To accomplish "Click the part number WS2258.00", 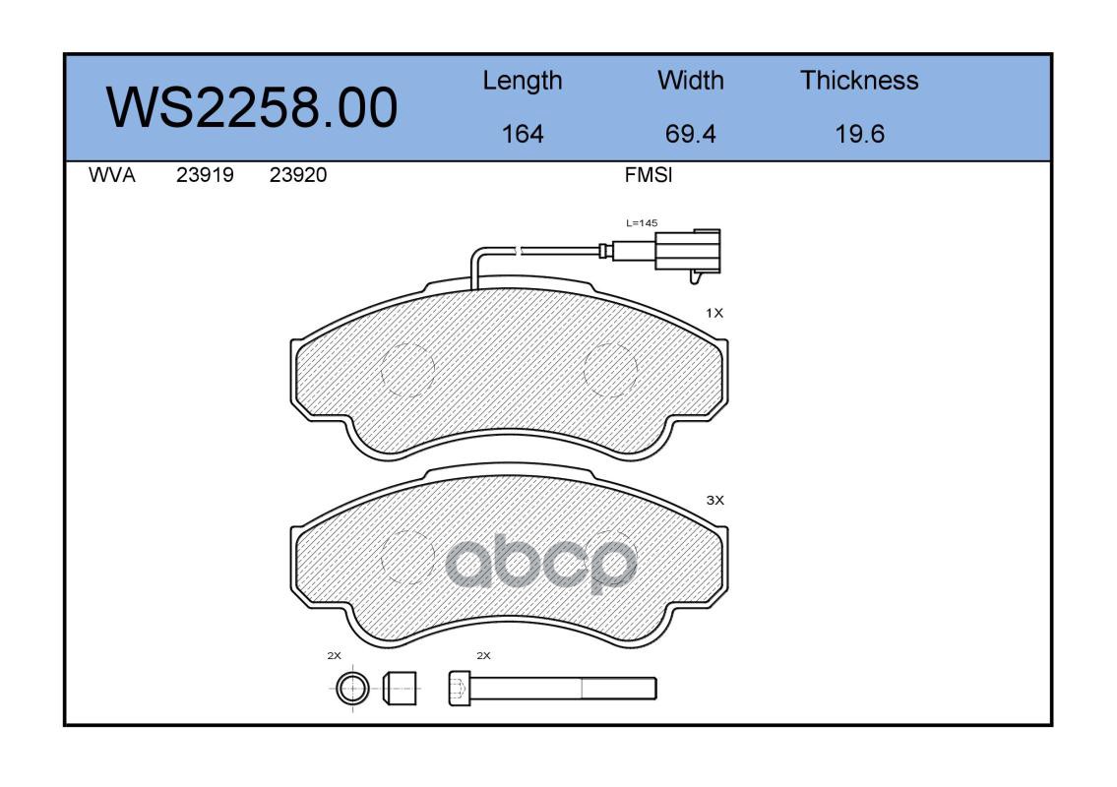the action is (252, 107).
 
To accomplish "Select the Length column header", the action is (523, 82).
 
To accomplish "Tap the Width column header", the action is (690, 81).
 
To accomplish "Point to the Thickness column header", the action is (859, 81).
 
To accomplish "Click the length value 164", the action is (523, 134).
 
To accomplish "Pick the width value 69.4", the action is (690, 134).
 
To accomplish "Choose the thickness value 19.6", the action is (860, 134).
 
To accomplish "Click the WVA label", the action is (112, 175).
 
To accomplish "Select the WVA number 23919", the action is (205, 175).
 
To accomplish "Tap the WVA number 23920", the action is (298, 175).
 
